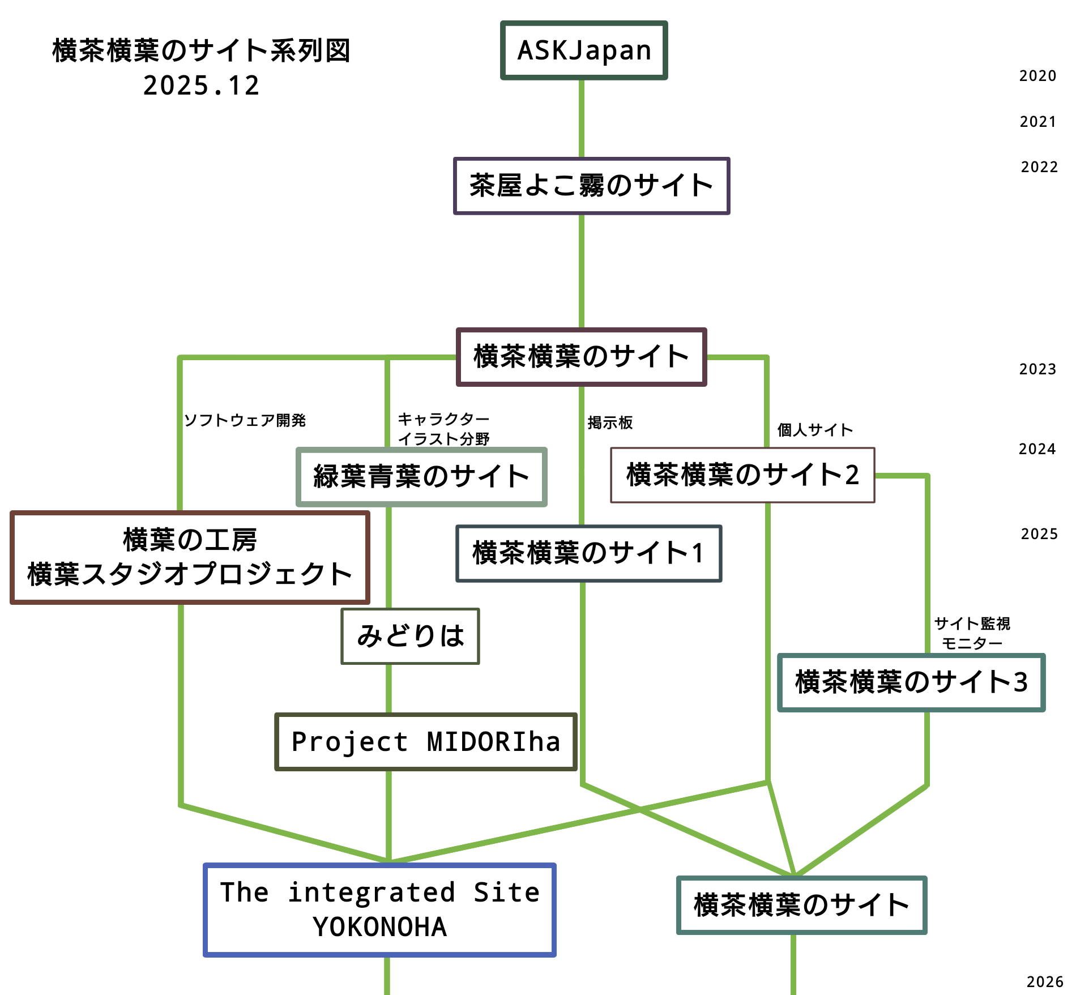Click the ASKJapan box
584,50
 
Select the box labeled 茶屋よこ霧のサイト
591,186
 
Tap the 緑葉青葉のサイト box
421,477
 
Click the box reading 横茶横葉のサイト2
742,475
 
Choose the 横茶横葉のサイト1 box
588,553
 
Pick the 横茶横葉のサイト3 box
911,682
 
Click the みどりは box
410,636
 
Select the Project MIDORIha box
426,742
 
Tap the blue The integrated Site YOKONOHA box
379,910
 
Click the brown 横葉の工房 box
190,558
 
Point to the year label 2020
1037,76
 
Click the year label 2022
1039,167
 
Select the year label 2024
1037,449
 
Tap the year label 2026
1045,982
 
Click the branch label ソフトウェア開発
245,420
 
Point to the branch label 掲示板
610,422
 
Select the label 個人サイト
814,430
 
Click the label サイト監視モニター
972,633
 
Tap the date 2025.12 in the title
201,86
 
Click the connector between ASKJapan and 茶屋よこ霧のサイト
582,118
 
